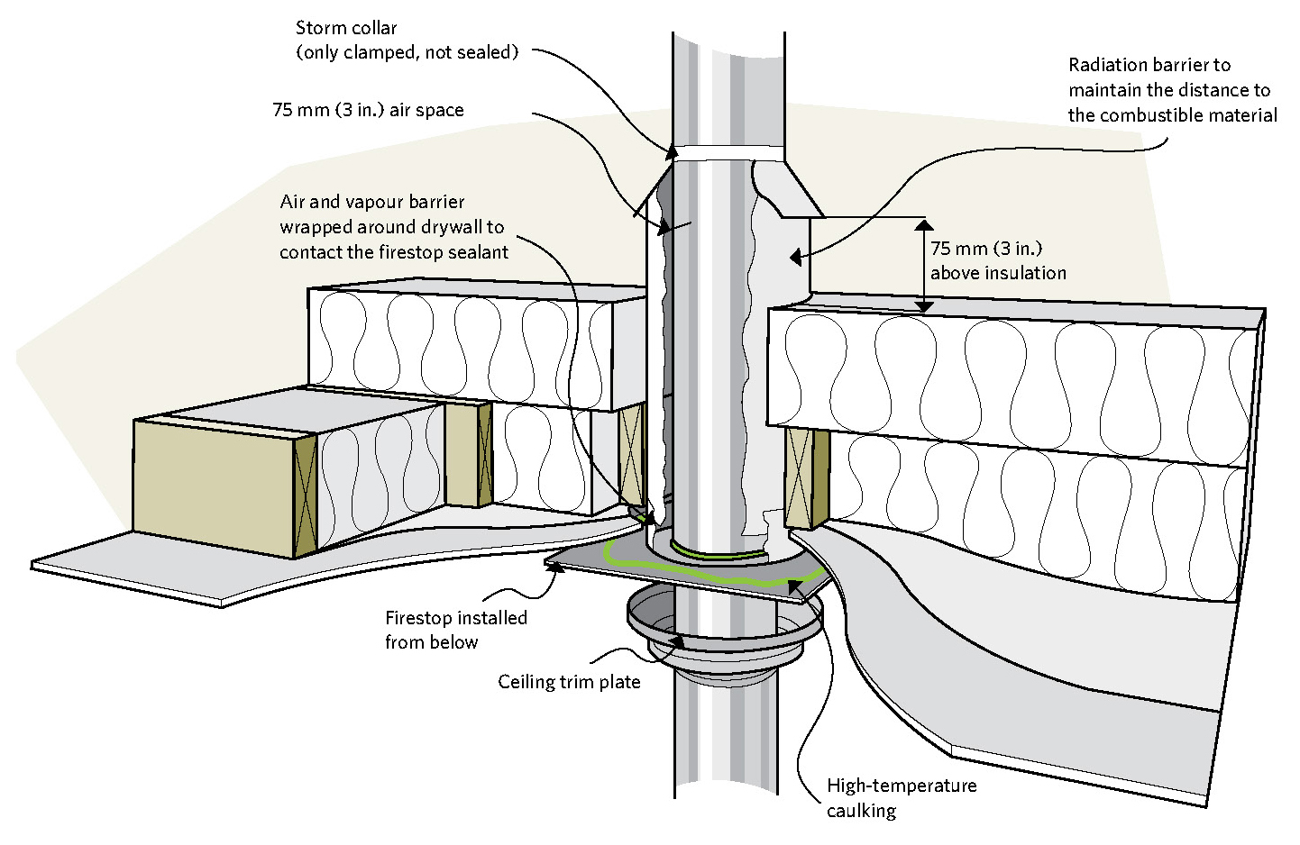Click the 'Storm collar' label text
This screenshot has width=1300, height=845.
tap(346, 28)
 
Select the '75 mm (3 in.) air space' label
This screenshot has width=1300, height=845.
tap(368, 110)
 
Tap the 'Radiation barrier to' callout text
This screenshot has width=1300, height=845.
tap(1149, 65)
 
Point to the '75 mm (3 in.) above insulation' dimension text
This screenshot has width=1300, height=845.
tap(997, 260)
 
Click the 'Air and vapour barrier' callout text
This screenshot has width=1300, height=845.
tap(372, 202)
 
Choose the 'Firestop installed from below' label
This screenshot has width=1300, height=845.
tap(455, 630)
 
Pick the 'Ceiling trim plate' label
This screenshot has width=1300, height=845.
tap(569, 682)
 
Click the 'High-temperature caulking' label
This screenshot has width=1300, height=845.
tap(901, 797)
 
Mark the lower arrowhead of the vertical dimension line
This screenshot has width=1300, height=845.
tap(924, 305)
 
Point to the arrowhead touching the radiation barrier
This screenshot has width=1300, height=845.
tap(795, 258)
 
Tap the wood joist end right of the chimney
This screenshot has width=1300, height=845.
tap(806, 478)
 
